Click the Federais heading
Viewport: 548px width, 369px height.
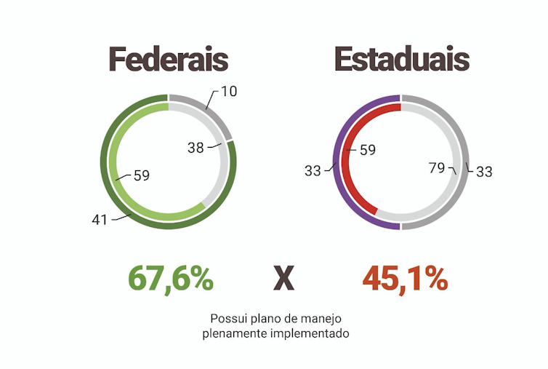point(169,60)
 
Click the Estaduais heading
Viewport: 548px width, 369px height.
point(401,60)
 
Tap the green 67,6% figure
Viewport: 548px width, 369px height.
point(171,278)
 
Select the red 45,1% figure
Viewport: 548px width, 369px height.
point(405,278)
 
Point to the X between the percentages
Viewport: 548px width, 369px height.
point(283,279)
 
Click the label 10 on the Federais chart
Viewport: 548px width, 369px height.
point(230,92)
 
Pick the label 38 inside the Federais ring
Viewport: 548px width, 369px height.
point(196,148)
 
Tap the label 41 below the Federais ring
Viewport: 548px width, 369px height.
point(100,219)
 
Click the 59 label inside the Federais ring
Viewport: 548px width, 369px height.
point(141,175)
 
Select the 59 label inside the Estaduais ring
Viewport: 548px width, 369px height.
point(368,151)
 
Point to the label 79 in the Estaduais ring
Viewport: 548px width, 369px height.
point(437,169)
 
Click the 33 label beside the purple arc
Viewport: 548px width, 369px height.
point(313,171)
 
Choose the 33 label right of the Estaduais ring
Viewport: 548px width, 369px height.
point(484,172)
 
